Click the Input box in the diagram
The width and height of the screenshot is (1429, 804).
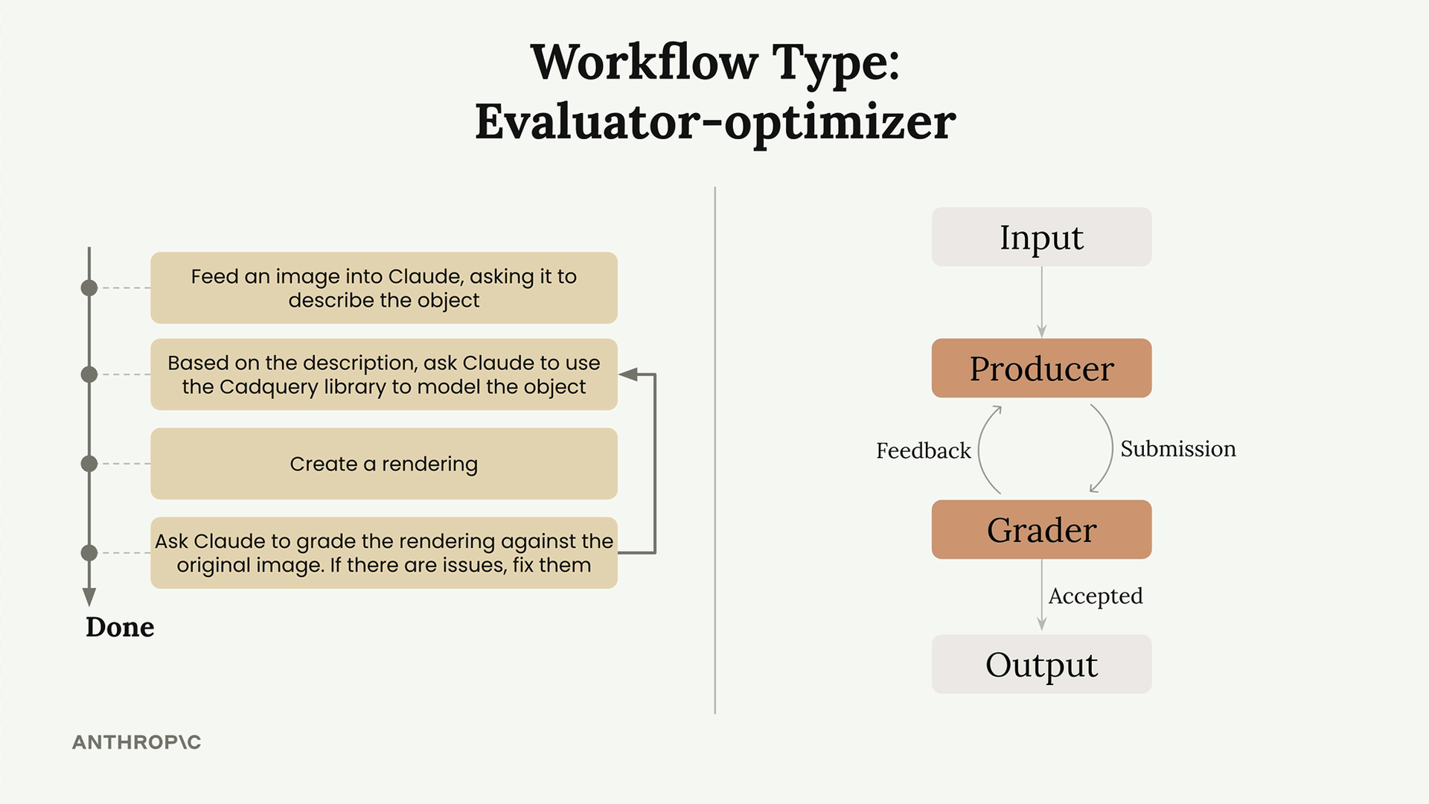[1041, 237]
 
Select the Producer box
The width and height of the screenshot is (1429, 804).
[1041, 368]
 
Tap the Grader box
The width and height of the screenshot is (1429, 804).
[1041, 529]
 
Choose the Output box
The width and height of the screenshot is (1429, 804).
[1041, 664]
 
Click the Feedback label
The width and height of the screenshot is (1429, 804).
[923, 450]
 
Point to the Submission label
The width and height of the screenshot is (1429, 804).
[1178, 449]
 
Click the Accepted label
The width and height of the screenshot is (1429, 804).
[1096, 596]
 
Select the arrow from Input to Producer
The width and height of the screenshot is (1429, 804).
[1041, 302]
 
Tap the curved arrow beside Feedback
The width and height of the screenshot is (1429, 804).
[979, 450]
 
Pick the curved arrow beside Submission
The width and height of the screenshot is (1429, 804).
[1111, 448]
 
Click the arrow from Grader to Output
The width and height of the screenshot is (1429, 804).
[1041, 595]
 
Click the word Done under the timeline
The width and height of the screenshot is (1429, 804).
[120, 627]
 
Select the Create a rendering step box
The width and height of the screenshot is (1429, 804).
[384, 464]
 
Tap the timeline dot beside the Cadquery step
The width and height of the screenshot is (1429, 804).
[89, 374]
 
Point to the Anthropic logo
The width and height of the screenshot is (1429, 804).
[137, 742]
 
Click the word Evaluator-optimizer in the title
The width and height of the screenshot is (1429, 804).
[715, 122]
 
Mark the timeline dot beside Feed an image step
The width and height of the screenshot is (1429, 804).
[89, 288]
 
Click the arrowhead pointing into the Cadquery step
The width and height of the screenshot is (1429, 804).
[629, 374]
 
